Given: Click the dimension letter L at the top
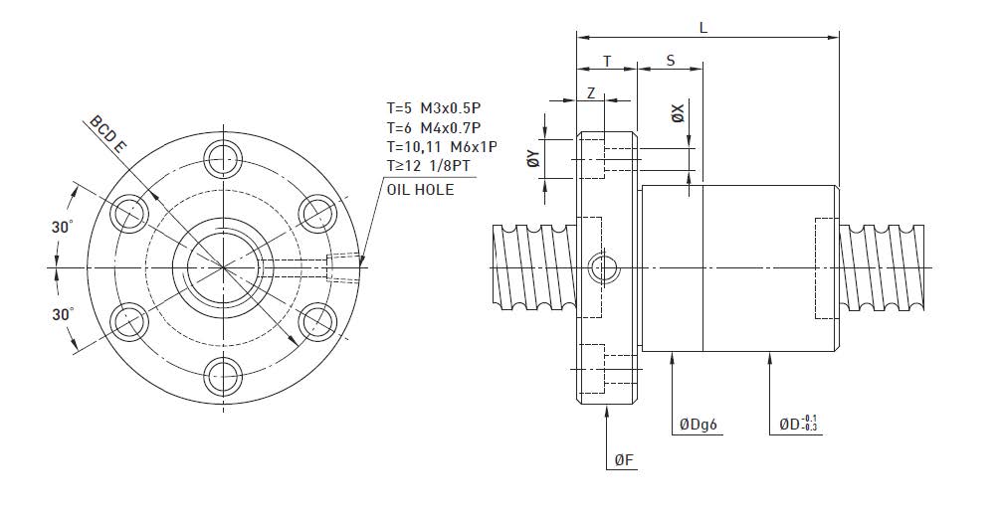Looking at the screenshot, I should (x=703, y=28).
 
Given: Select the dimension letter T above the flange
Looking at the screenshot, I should (x=607, y=62).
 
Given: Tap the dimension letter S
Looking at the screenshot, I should (x=670, y=62).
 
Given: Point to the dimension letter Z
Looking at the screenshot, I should (x=591, y=92).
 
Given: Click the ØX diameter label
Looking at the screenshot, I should (x=678, y=114).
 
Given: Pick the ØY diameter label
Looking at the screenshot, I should (x=533, y=157).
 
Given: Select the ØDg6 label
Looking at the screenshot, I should (x=699, y=425).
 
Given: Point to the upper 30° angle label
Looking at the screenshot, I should (x=63, y=228).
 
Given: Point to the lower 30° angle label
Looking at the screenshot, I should (x=63, y=313).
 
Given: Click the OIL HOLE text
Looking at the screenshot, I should (x=421, y=189).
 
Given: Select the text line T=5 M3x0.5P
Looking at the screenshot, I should (x=434, y=107).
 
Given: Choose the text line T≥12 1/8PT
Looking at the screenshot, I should (x=429, y=166).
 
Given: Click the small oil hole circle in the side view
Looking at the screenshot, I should (x=603, y=267).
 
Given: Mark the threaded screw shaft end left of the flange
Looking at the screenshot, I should (x=533, y=267).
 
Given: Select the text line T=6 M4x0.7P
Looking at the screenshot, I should (x=434, y=127).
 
